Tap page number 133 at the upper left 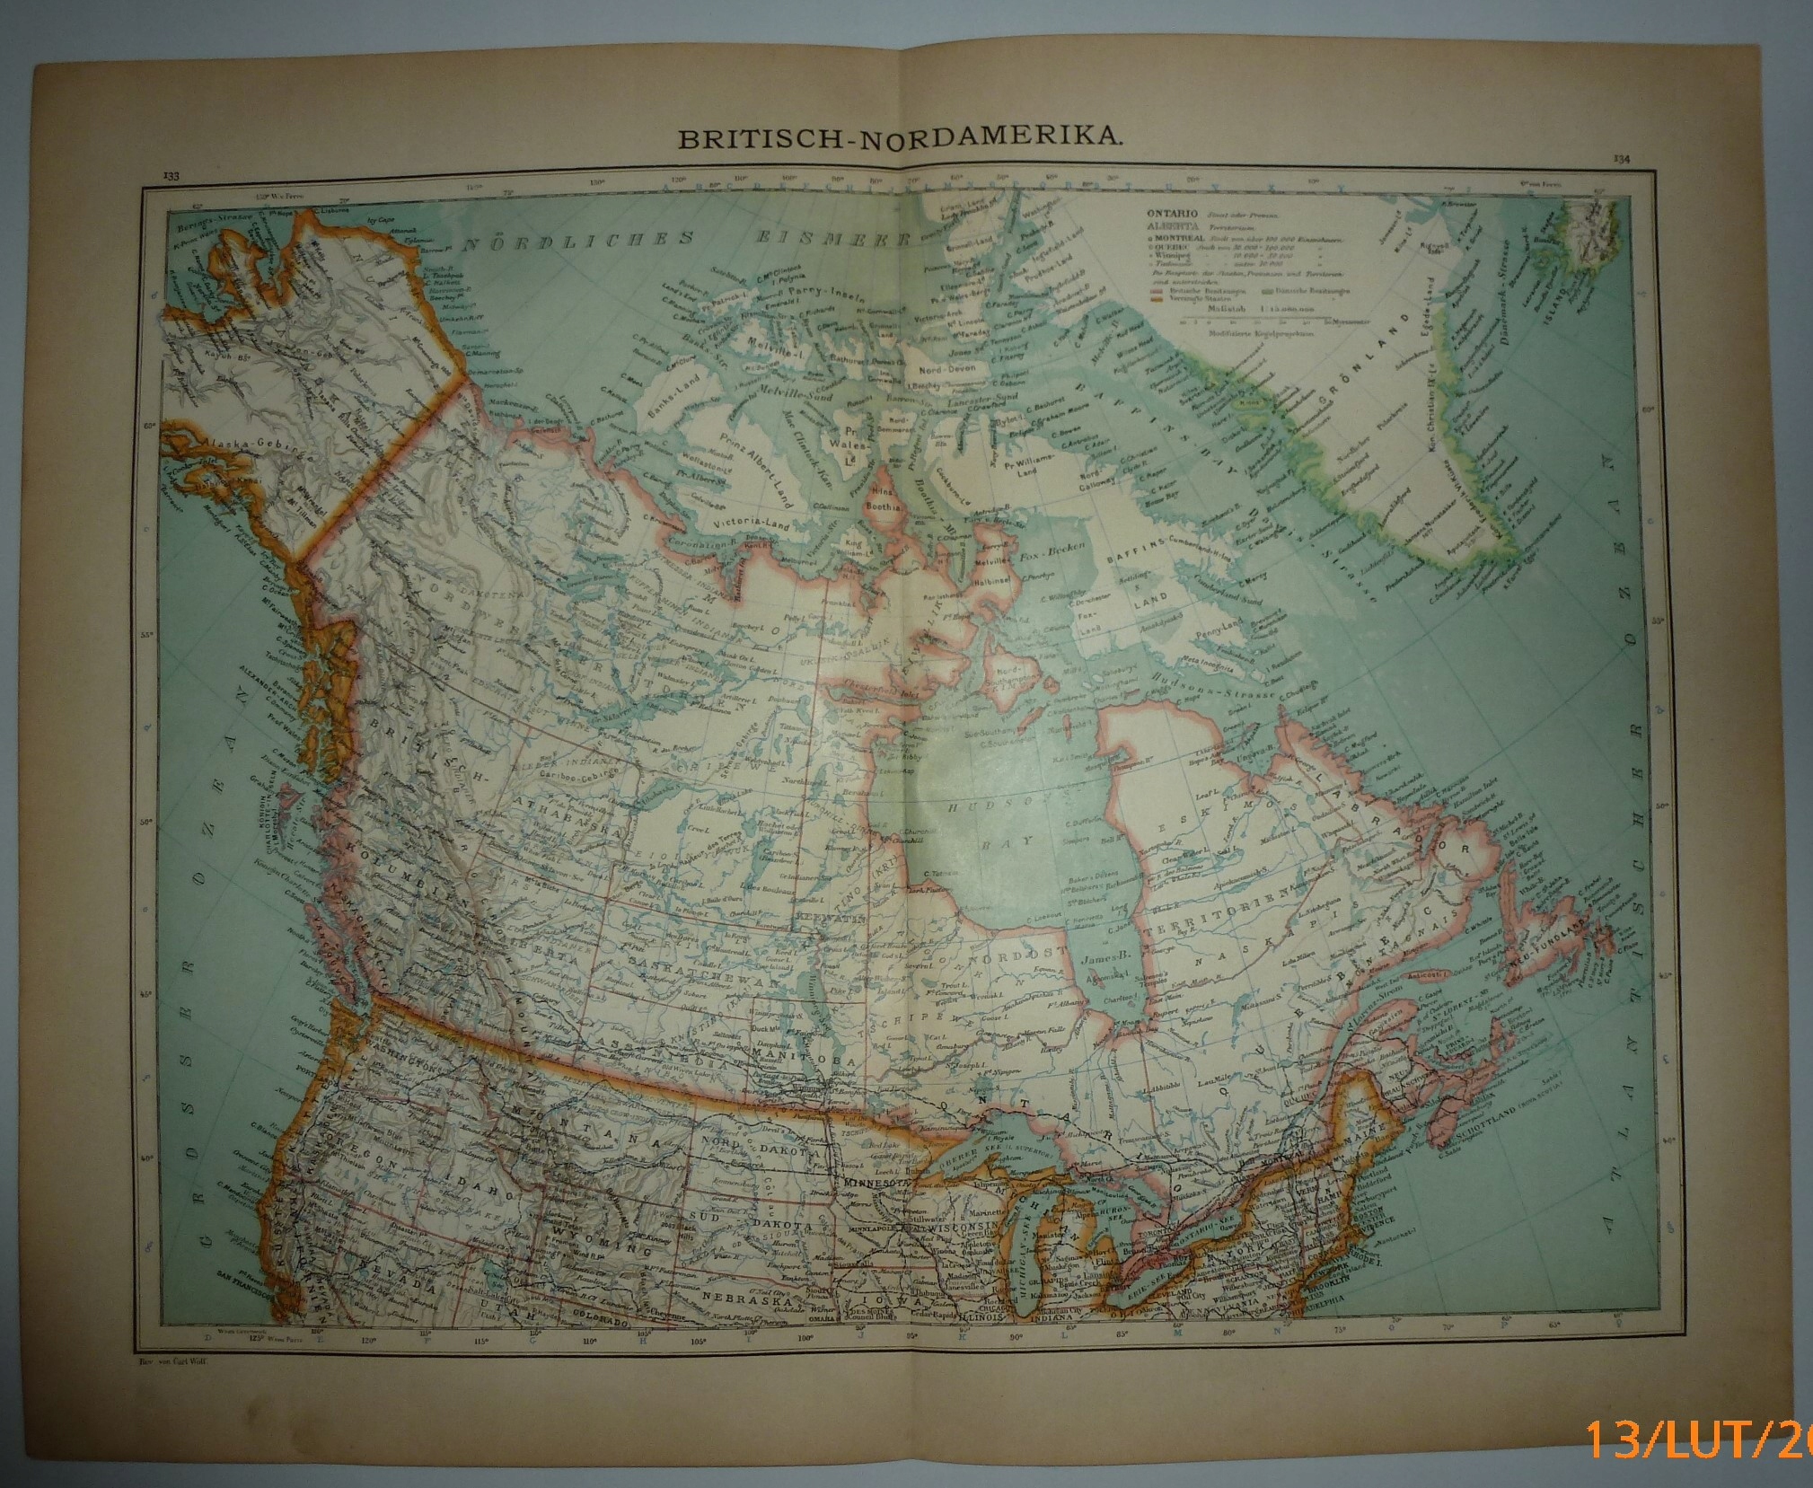pos(170,175)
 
